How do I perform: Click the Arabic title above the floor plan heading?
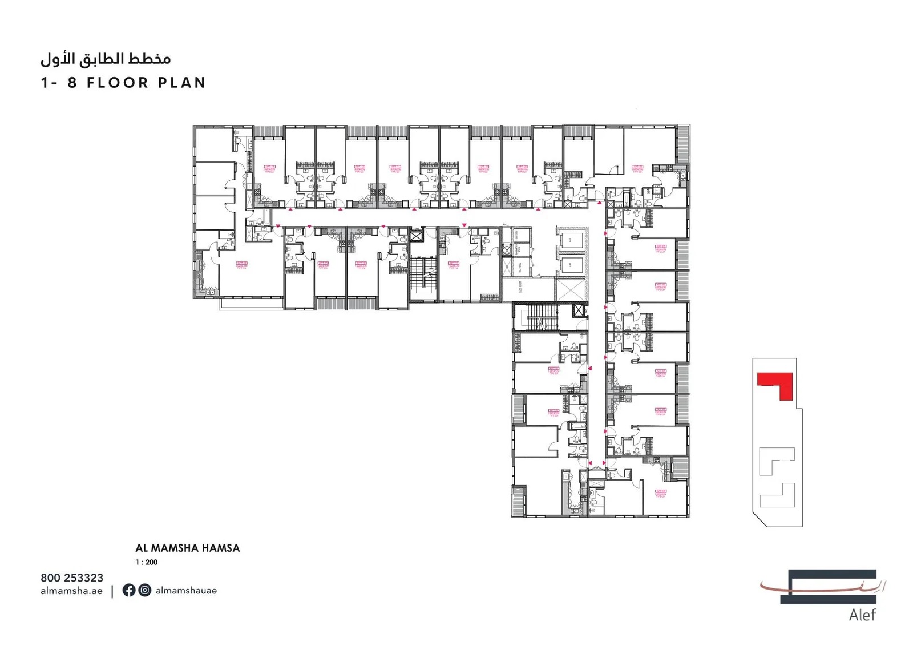106,58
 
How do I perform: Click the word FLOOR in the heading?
118,83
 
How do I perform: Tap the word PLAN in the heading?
182,83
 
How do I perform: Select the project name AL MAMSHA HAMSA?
187,548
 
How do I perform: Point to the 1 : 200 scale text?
146,562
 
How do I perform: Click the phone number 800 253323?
72,578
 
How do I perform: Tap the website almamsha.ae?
71,591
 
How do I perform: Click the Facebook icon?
129,590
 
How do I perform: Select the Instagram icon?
145,590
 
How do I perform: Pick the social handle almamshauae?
186,591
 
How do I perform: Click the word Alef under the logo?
862,615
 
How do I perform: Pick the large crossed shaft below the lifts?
571,290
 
